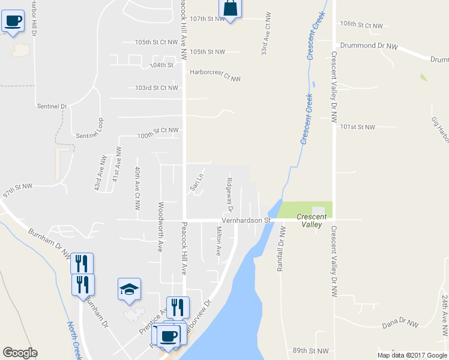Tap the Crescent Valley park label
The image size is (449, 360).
click(x=312, y=221)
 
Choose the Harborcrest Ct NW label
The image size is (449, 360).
click(x=215, y=75)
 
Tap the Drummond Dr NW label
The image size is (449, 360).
click(x=369, y=46)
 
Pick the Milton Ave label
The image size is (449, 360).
click(x=219, y=241)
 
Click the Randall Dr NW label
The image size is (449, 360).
click(x=280, y=250)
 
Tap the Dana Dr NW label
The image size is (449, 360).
click(x=400, y=324)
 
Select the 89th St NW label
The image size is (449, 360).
click(x=310, y=350)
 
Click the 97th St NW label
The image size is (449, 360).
click(x=17, y=194)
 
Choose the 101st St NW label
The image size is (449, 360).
click(x=357, y=127)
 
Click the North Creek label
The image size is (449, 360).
click(x=74, y=341)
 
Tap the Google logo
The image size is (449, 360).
click(x=20, y=353)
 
